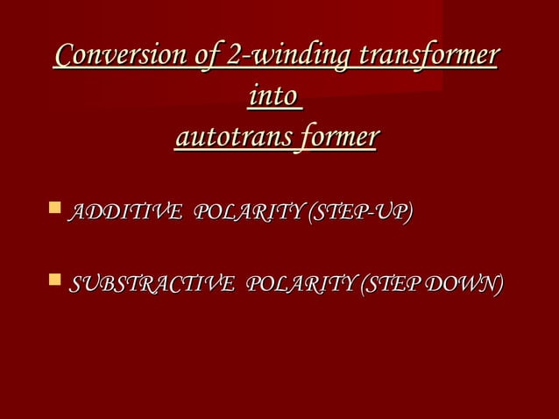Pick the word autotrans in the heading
[230, 138]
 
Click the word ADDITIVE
[124, 213]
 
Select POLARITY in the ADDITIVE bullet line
[245, 213]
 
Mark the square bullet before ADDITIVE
[55, 209]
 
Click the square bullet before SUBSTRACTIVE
[55, 281]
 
